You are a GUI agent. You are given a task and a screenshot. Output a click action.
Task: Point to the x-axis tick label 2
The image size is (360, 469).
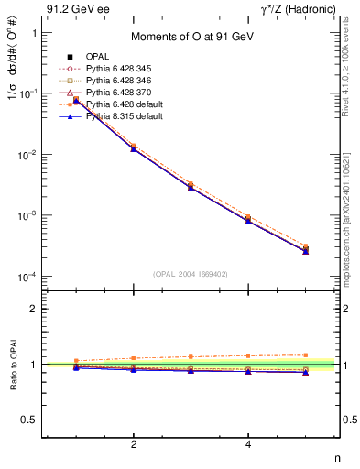click(134, 444)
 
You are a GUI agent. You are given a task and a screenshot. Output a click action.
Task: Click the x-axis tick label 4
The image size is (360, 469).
click(249, 444)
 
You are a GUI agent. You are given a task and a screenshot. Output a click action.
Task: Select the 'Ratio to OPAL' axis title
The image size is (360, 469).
click(13, 365)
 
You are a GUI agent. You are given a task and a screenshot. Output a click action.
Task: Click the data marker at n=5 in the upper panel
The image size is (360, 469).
click(306, 249)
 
